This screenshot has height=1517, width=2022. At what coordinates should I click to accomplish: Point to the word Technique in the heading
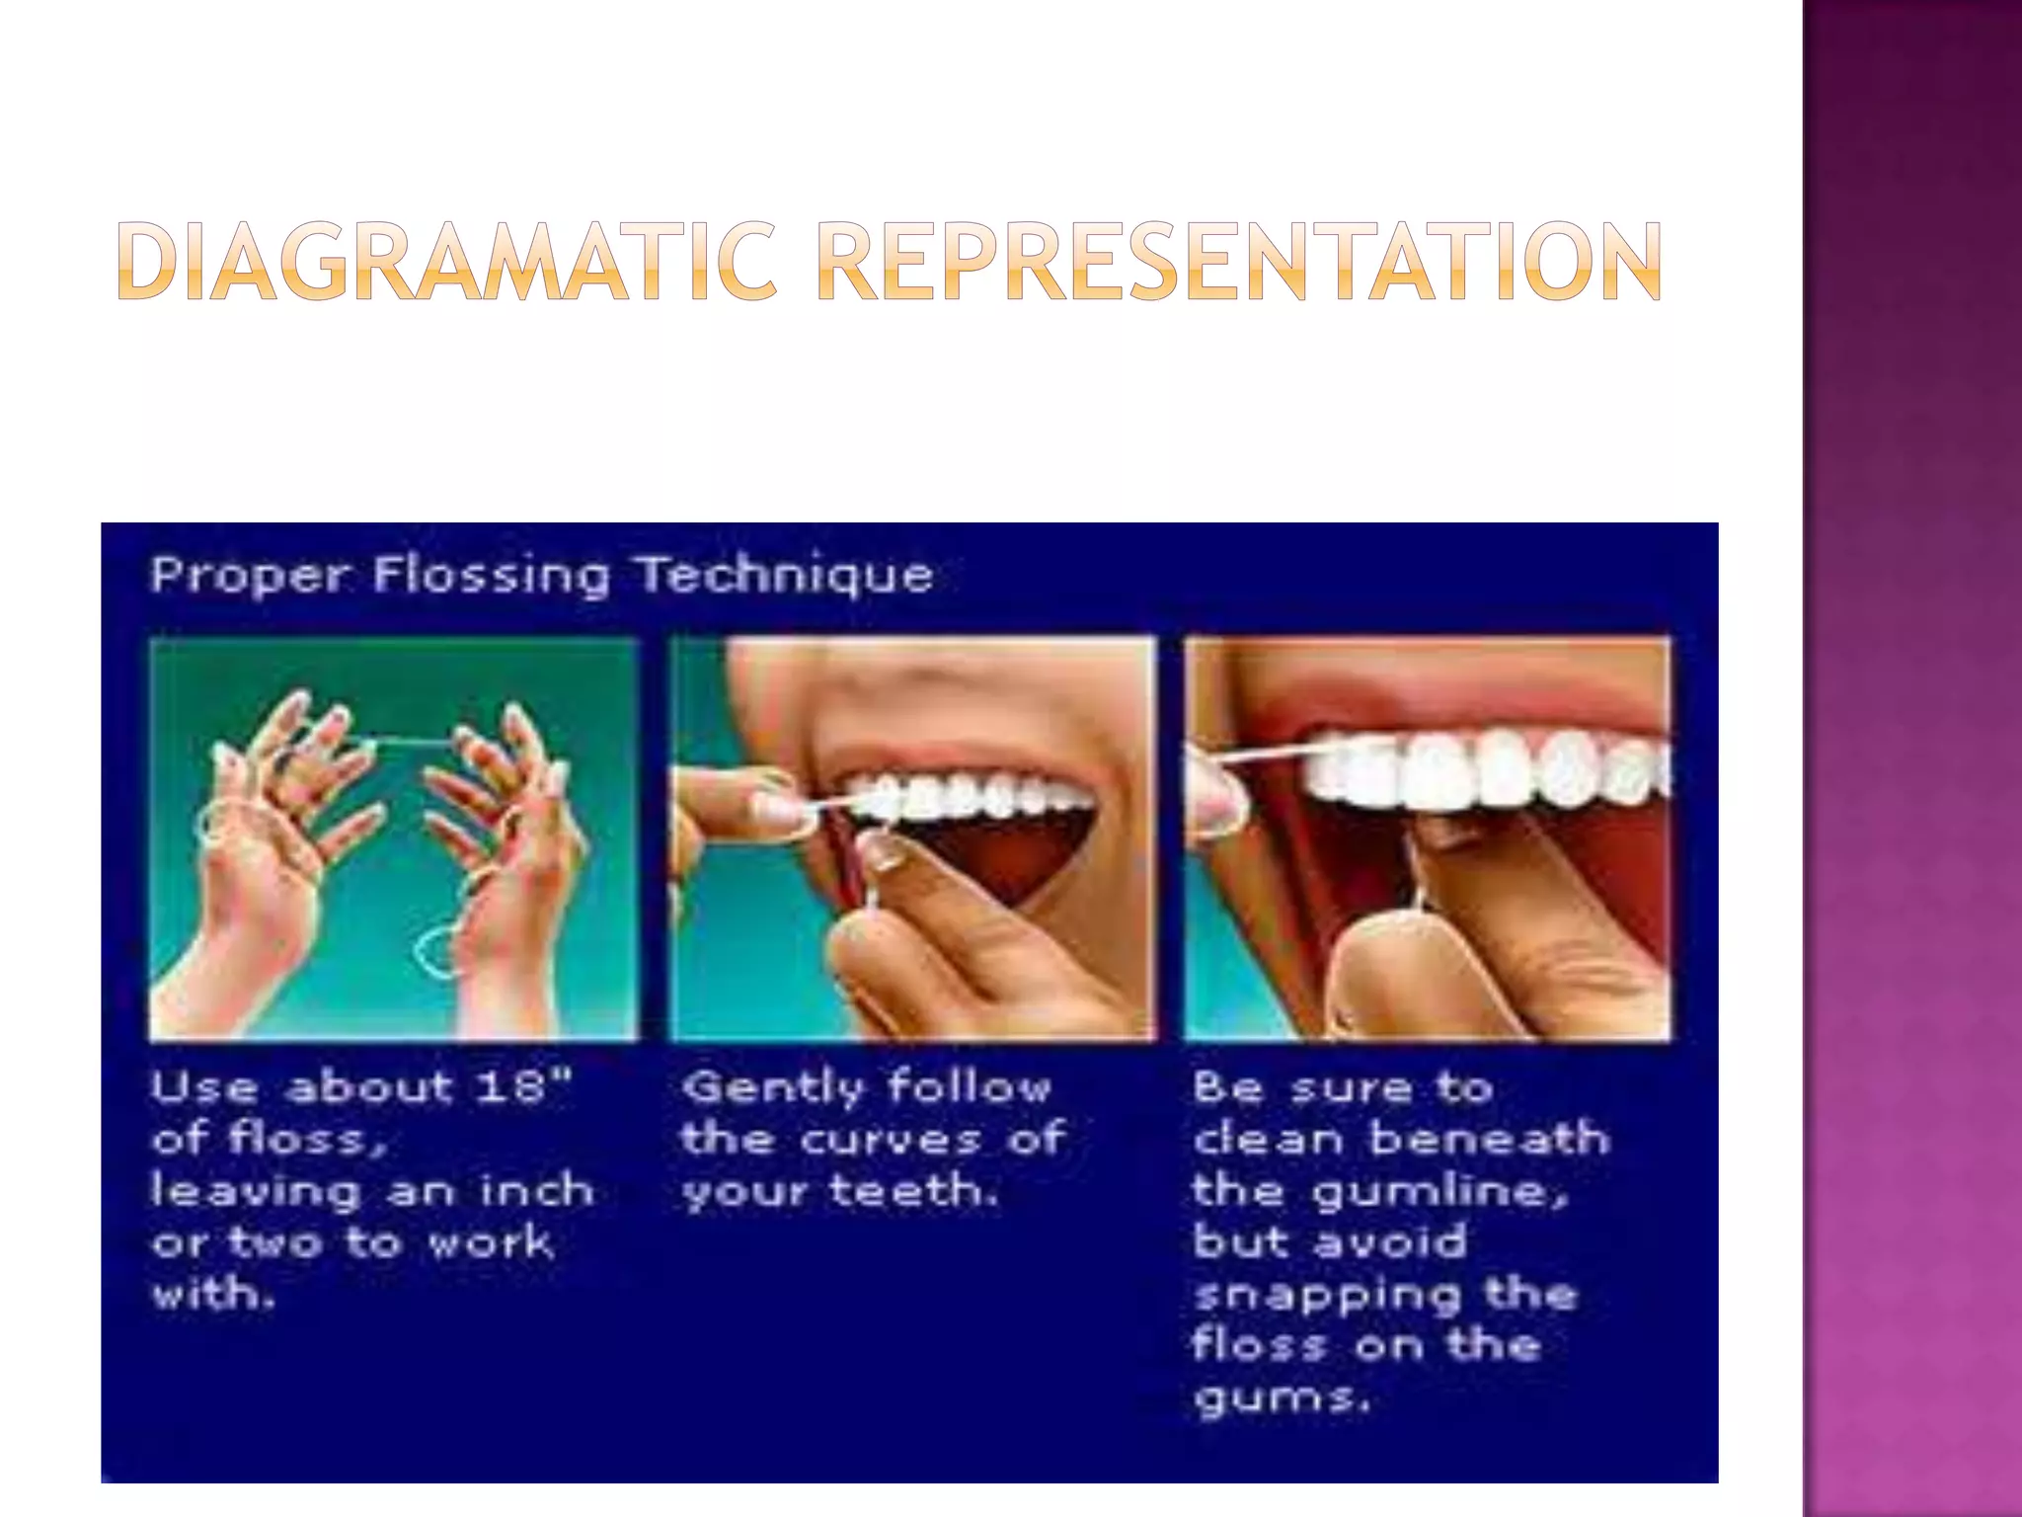point(784,574)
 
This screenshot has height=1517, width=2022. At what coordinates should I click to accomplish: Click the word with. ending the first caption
point(211,1293)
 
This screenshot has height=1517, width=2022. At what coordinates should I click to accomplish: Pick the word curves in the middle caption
point(891,1140)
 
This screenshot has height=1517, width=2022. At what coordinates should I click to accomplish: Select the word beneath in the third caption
point(1489,1139)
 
